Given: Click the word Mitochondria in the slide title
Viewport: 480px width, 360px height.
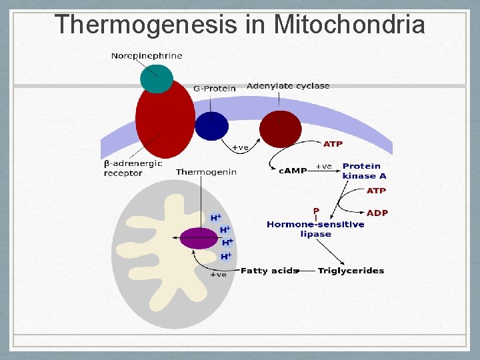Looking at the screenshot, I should (x=349, y=24).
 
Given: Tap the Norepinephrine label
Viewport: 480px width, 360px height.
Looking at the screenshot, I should (x=146, y=56).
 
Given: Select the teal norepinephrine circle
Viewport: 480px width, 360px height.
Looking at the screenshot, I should (x=157, y=78).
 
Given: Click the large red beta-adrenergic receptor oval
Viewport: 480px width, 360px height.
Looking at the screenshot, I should (x=165, y=120).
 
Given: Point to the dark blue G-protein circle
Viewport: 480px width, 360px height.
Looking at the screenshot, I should (x=211, y=125).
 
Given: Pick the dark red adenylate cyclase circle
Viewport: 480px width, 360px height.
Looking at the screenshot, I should (x=280, y=129).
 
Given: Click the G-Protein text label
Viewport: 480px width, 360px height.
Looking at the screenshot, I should (x=214, y=88).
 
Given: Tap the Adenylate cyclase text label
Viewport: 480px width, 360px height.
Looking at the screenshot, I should (x=288, y=86).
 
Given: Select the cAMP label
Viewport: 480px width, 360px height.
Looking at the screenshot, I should (x=292, y=171).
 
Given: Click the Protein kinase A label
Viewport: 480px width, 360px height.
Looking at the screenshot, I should (x=363, y=171).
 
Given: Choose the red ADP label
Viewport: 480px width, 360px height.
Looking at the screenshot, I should (x=377, y=213).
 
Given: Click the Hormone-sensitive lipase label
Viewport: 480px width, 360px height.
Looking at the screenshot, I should (x=315, y=229).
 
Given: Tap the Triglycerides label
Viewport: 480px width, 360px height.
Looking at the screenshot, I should (x=351, y=271).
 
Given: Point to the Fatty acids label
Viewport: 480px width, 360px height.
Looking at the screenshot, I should (x=269, y=271).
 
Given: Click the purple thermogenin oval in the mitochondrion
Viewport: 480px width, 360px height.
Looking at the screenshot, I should (x=199, y=238).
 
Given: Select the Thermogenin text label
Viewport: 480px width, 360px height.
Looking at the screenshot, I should (x=206, y=172).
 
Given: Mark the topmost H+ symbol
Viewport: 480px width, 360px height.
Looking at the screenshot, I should (x=216, y=217).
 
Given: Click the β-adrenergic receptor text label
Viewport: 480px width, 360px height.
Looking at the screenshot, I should (x=133, y=168).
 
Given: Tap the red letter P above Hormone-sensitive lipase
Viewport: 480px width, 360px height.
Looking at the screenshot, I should (x=316, y=211).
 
